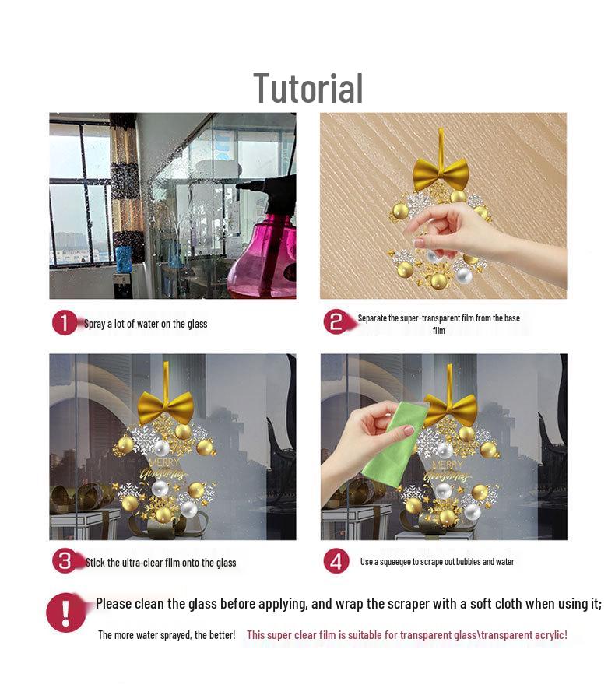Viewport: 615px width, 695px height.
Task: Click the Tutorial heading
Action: (x=308, y=89)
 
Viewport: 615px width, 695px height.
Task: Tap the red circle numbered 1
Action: (x=65, y=323)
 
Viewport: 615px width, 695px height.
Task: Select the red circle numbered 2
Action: (x=336, y=321)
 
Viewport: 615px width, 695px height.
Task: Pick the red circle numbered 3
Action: (x=65, y=561)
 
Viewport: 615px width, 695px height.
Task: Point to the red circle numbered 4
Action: (x=336, y=561)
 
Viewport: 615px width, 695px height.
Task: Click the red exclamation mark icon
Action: (x=65, y=613)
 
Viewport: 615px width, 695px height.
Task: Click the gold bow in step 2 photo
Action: (x=440, y=174)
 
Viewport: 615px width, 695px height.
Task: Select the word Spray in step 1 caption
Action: (x=94, y=324)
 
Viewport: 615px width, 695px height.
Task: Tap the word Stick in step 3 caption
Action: (x=95, y=563)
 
